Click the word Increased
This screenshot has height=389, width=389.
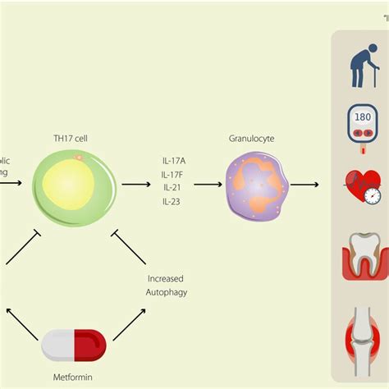point(165,278)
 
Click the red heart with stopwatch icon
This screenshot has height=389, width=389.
point(362,188)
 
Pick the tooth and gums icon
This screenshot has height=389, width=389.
point(362,255)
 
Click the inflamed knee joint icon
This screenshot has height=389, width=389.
point(362,324)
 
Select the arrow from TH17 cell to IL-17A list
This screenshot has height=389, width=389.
point(135,185)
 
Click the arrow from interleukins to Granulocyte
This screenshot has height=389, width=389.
point(208,185)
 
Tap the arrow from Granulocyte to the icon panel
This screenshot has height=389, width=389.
point(304,185)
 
